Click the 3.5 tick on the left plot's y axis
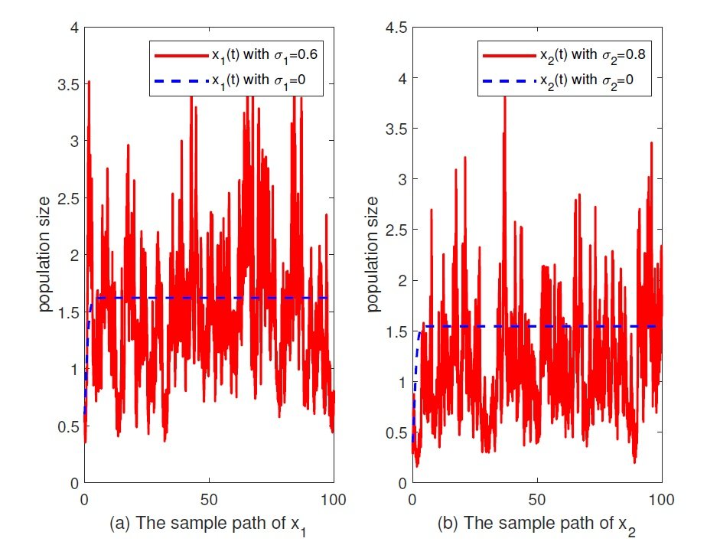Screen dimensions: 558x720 tap(68, 84)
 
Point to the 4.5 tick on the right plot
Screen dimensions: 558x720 tap(395, 28)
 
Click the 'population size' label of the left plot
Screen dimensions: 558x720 tap(47, 256)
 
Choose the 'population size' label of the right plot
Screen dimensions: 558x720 tap(375, 256)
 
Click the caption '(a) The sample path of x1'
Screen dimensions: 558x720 tap(208, 527)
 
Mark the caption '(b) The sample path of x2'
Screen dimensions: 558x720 tap(536, 527)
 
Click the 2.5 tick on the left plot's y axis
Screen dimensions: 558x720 tap(68, 198)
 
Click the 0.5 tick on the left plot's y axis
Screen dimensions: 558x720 tap(68, 426)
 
